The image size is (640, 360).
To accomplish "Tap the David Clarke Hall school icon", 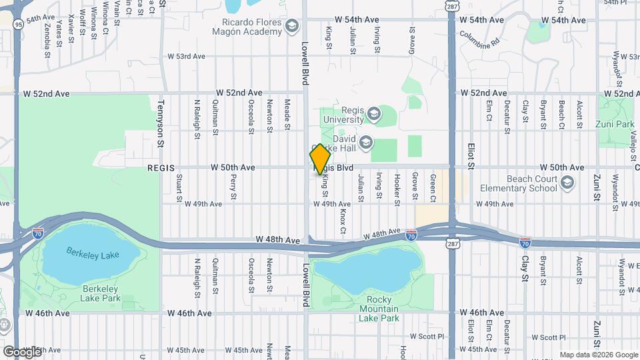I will pos(365,142).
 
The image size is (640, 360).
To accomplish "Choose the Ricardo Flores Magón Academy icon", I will pos(291,26).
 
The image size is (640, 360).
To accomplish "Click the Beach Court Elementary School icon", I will pos(567,183).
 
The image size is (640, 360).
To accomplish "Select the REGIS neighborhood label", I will pos(161,168).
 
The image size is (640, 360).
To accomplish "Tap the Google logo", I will pos(21,351).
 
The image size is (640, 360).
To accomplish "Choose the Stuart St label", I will pos(179,187).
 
